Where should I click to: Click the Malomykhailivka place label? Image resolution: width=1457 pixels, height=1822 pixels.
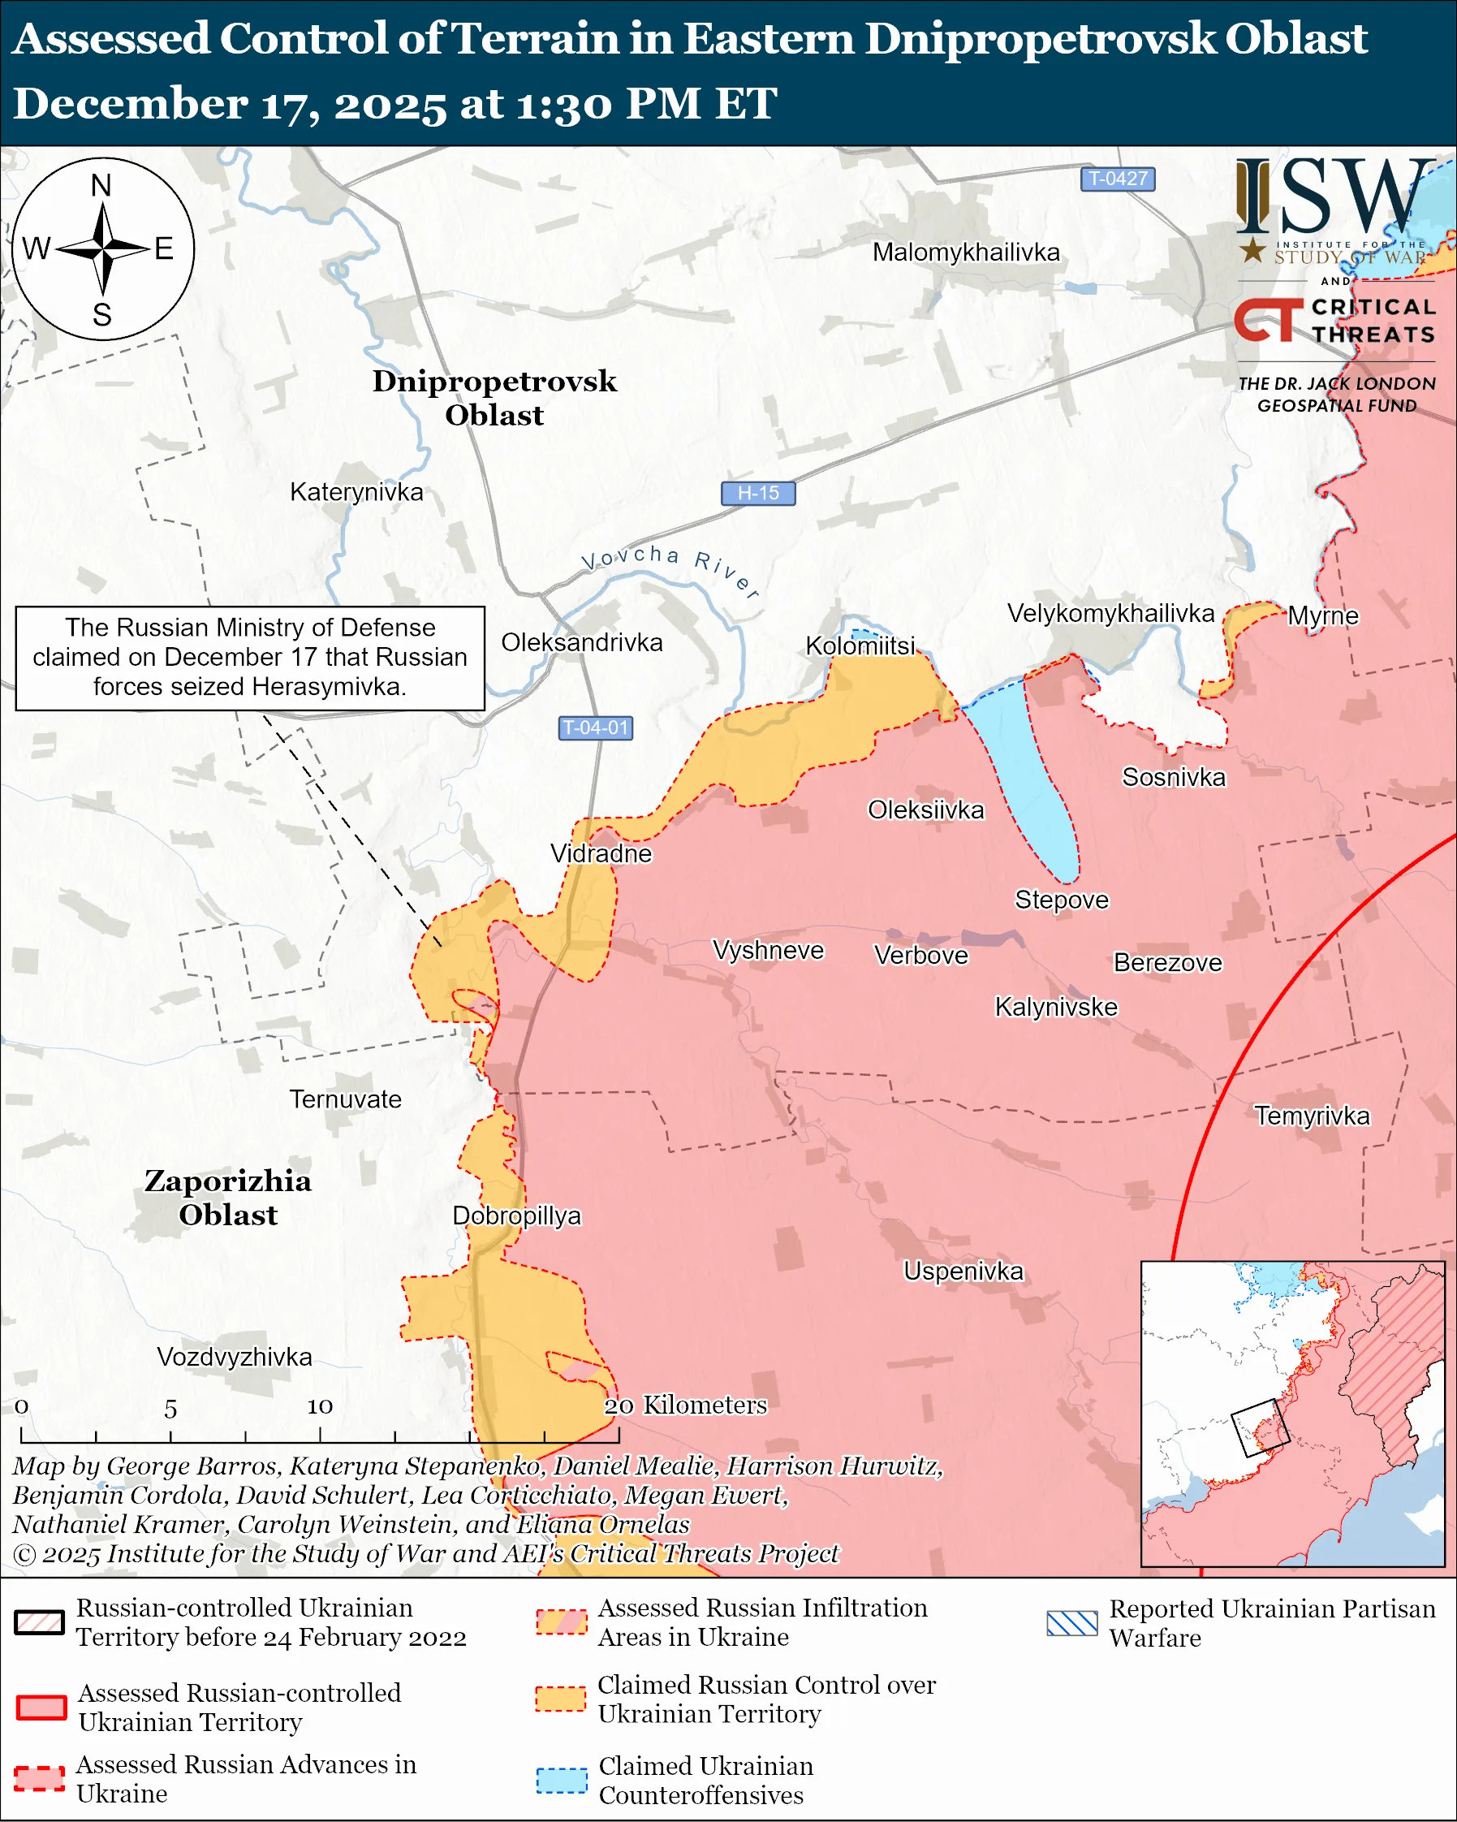pos(965,252)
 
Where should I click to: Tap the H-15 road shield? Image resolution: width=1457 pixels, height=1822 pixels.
pos(757,493)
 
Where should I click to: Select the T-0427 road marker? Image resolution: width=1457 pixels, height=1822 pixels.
pos(1117,179)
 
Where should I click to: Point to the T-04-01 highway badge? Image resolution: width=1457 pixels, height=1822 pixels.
pos(596,728)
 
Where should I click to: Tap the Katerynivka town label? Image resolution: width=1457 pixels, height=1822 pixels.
pos(356,492)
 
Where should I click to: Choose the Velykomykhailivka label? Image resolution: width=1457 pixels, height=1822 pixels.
pos(1110,614)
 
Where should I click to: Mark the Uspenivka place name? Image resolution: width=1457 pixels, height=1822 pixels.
pos(963,1271)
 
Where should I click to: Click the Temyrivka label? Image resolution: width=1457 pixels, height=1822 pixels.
pos(1312,1116)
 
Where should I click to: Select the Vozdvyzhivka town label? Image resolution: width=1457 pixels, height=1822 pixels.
pos(235,1358)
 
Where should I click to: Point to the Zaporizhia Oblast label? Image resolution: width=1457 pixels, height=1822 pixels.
pos(228,1198)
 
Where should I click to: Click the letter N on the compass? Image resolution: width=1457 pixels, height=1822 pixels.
pos(101,185)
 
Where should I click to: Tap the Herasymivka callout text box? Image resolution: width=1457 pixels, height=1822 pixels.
pos(250,658)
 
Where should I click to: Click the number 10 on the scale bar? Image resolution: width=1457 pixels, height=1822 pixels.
pos(319,1406)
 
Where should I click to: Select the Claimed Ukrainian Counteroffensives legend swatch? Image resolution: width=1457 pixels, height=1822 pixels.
pos(562,1781)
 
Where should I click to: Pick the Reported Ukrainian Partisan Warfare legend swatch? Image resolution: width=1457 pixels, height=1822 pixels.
pos(1071,1623)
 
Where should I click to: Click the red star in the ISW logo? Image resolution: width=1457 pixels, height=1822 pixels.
pos(1252,250)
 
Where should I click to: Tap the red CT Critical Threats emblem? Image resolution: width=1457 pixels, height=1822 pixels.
pos(1268,320)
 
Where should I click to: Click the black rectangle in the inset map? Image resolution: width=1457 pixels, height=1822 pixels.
pos(1261,1428)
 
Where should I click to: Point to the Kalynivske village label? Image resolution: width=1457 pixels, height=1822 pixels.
pos(1056,1008)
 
